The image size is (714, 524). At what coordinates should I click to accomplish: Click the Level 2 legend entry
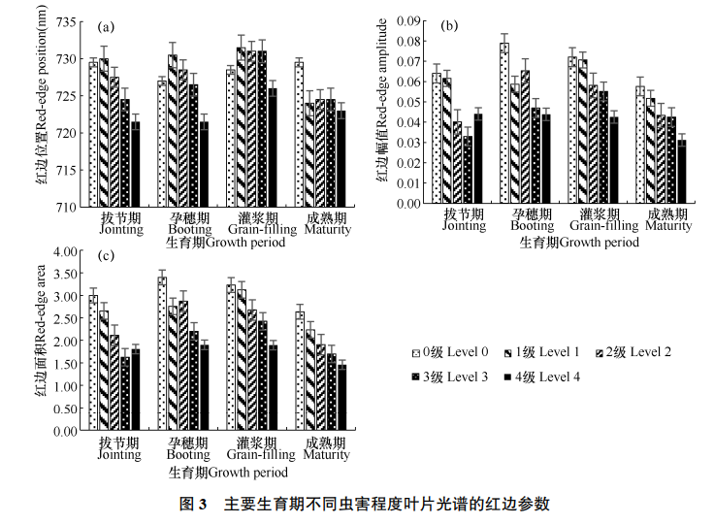(x=639, y=352)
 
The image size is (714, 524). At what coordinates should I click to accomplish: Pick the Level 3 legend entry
(x=452, y=377)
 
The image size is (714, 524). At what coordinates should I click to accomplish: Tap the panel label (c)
(x=105, y=256)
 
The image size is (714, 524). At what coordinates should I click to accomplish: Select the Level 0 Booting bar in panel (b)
(x=504, y=123)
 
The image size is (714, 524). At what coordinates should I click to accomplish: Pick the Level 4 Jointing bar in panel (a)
(x=135, y=164)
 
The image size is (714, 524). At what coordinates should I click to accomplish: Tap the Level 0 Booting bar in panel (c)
(x=162, y=353)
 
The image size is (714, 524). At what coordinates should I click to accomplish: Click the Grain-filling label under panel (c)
(x=261, y=454)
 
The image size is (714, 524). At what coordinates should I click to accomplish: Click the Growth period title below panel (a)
(x=226, y=243)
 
